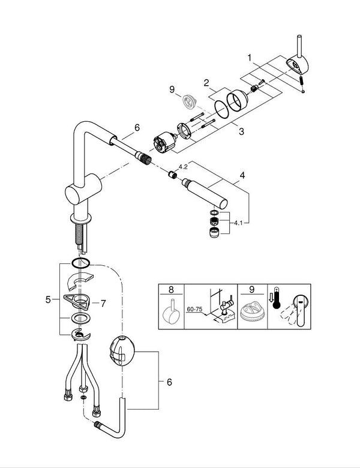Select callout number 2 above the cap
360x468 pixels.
tap(205, 83)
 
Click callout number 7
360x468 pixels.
tap(103, 304)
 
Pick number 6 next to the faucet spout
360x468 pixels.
tap(137, 128)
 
